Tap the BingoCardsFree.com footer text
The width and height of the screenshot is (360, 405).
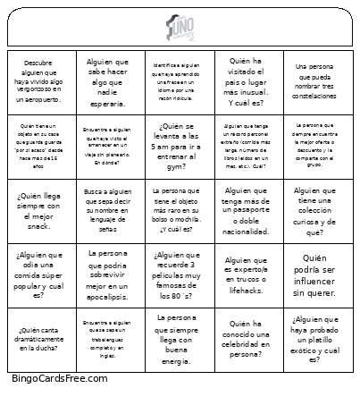(x=60, y=378)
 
